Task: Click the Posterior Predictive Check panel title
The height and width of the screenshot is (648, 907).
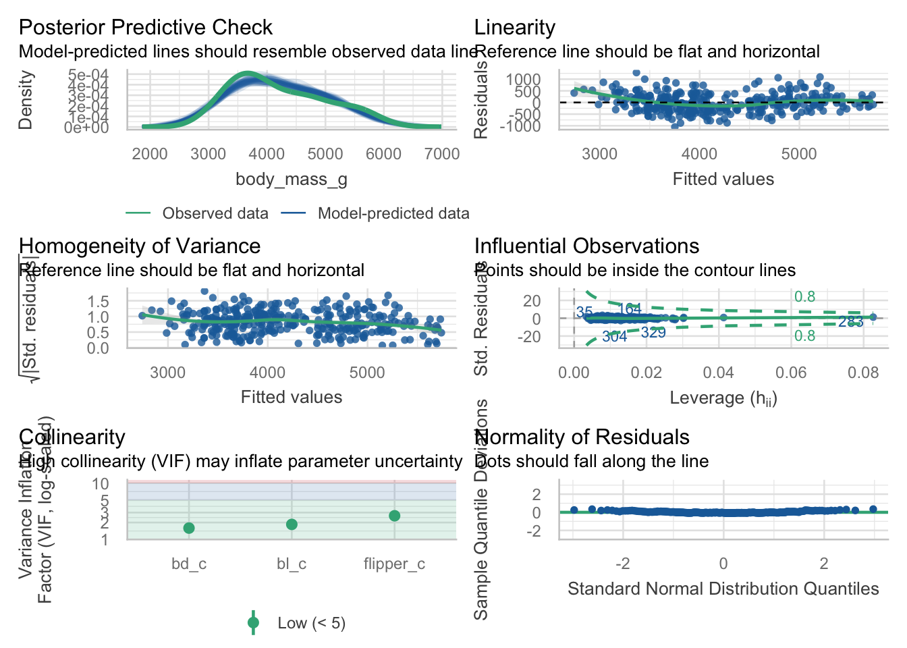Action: coord(145,28)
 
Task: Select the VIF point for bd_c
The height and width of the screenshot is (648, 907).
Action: coord(189,528)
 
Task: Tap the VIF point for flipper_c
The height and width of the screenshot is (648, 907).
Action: coord(395,516)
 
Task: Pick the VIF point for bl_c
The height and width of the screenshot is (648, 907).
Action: coord(292,524)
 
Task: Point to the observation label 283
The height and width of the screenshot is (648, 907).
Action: coord(850,322)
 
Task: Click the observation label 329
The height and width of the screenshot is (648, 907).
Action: coord(653,332)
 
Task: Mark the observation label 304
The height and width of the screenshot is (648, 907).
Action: coord(614,337)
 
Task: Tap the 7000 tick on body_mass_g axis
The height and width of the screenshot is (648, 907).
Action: coord(442,154)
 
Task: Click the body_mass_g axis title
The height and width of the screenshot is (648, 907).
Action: coord(292,179)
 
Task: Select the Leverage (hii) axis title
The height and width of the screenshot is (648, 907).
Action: coord(723,398)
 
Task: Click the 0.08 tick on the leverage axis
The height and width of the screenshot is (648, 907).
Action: coord(863,373)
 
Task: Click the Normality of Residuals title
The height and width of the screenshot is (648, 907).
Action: coord(582,437)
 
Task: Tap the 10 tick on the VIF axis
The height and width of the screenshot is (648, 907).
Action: coord(101,483)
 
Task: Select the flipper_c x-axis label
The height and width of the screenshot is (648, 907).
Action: coord(394,564)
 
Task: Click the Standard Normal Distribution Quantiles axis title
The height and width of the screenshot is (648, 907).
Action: coord(723,589)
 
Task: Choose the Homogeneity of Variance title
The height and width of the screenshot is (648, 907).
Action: coord(140,246)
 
